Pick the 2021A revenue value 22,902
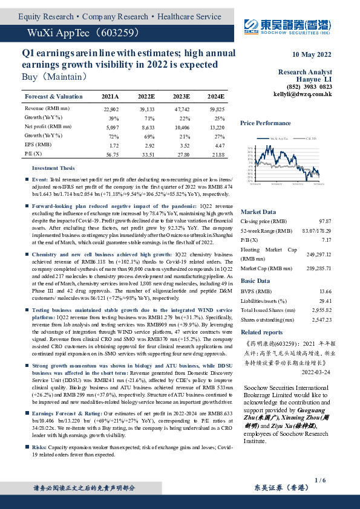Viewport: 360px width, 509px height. point(112,108)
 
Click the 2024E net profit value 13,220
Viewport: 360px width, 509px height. point(216,127)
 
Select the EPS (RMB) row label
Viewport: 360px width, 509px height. point(38,145)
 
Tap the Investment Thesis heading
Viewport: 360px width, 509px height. point(53,168)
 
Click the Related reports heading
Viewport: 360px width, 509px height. point(261,332)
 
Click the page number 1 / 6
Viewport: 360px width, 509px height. point(320,479)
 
